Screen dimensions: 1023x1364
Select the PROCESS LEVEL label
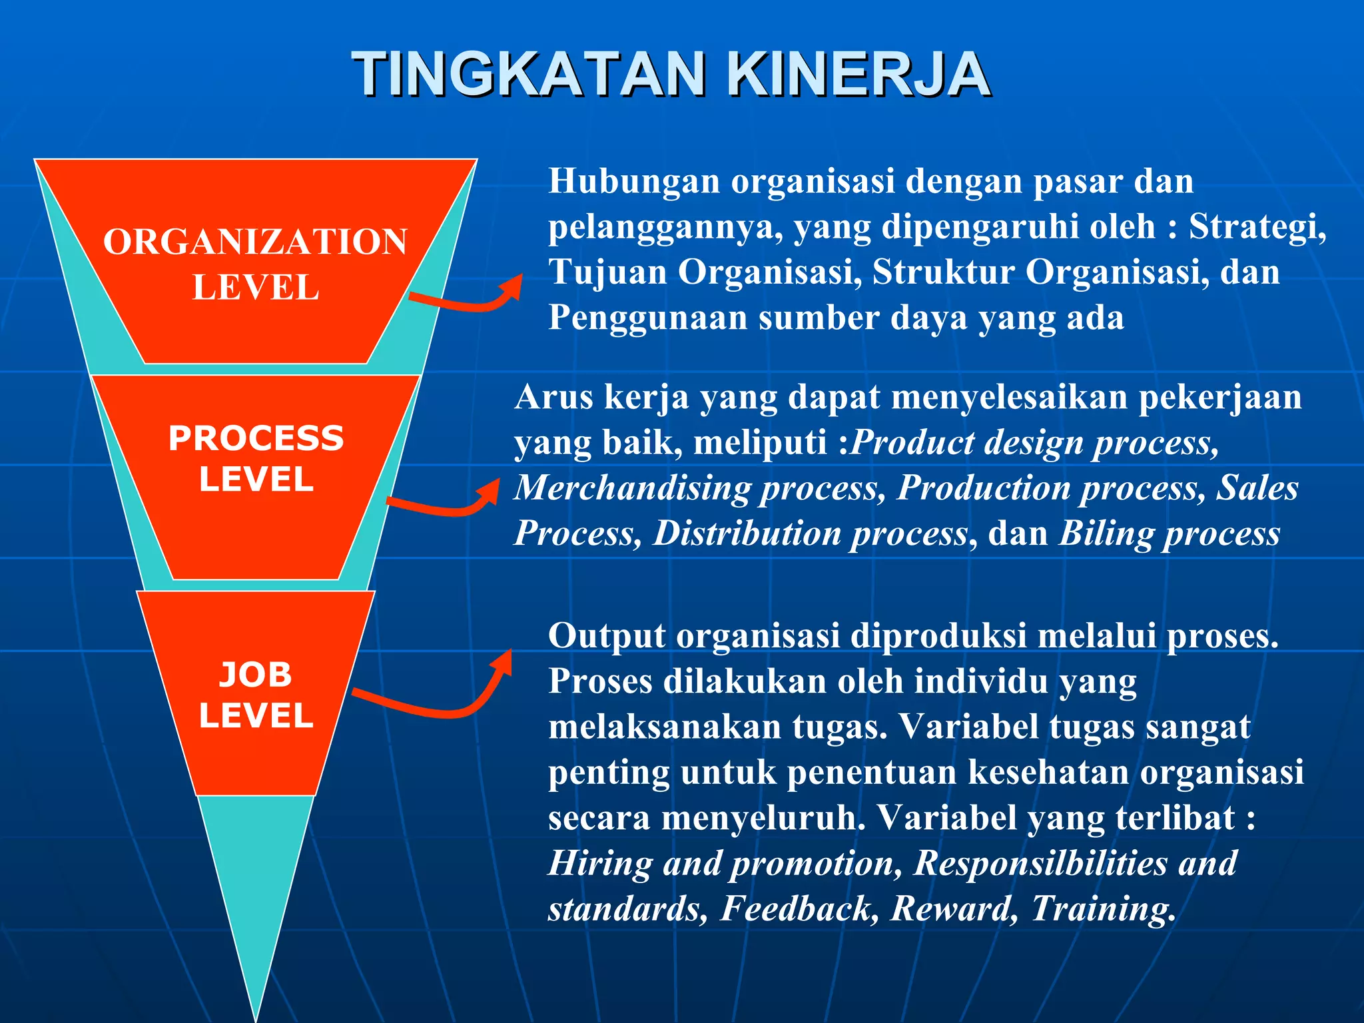click(256, 458)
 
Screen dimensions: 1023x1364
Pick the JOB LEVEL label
click(256, 695)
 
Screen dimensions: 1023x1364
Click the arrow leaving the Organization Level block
click(466, 300)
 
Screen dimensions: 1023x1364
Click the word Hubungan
click(634, 181)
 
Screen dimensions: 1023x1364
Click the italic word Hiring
click(600, 864)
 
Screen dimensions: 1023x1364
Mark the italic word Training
click(1102, 909)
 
